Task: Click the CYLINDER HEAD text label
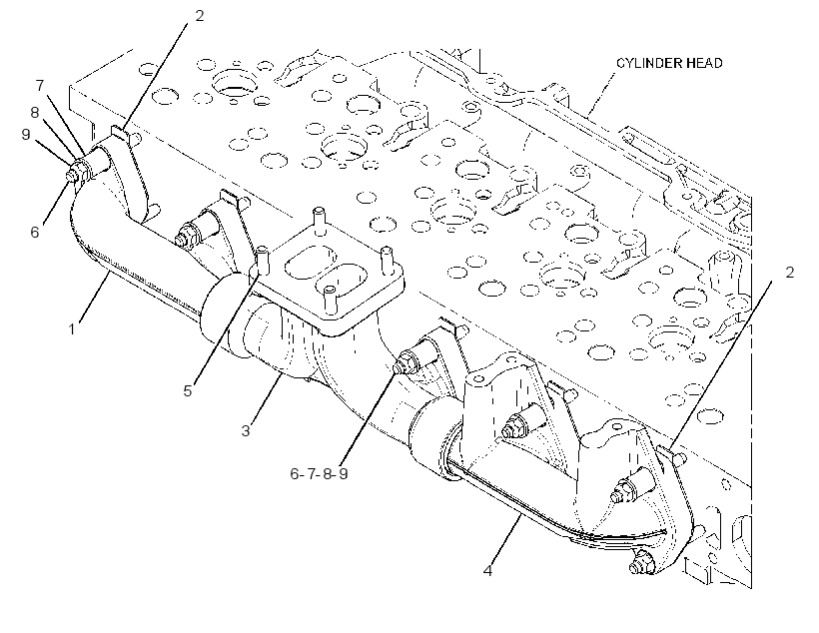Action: click(669, 63)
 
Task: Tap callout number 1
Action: click(72, 329)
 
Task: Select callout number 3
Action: click(246, 431)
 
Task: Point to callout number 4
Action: click(487, 571)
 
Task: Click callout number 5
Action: click(188, 390)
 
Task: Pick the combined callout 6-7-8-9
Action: click(319, 473)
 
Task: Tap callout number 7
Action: click(40, 85)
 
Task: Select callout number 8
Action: click(35, 112)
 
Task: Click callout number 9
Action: click(26, 134)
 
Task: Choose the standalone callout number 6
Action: click(35, 232)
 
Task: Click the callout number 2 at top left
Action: click(200, 16)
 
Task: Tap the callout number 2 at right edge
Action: click(789, 273)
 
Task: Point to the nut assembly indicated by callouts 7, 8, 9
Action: click(78, 171)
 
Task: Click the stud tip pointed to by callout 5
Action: click(262, 259)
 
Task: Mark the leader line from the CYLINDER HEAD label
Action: click(601, 94)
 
